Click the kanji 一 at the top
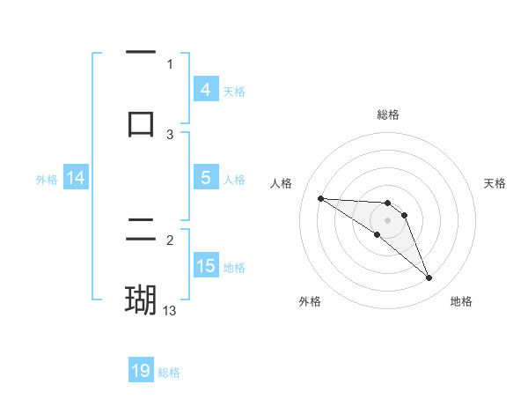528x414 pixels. coord(141,53)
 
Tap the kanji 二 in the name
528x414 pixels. coord(141,229)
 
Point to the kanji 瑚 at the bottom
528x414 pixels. coord(141,299)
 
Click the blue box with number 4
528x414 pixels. coord(205,90)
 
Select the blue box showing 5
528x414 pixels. coord(205,178)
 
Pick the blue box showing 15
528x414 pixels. coord(205,266)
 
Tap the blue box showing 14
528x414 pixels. coord(76,179)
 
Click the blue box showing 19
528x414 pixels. coord(141,371)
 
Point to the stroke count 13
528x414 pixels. coord(170,311)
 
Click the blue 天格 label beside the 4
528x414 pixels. coord(234,91)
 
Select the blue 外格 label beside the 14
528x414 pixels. coord(47,180)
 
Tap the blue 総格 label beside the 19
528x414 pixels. coord(169,373)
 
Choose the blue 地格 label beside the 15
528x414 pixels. coord(234,267)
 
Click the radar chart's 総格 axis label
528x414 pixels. coord(387,115)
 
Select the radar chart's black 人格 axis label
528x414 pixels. coord(282,183)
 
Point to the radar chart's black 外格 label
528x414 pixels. coord(310,301)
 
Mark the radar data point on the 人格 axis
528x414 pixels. coord(320,198)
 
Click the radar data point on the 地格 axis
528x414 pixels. coord(429,278)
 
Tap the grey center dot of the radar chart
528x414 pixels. coord(387,220)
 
